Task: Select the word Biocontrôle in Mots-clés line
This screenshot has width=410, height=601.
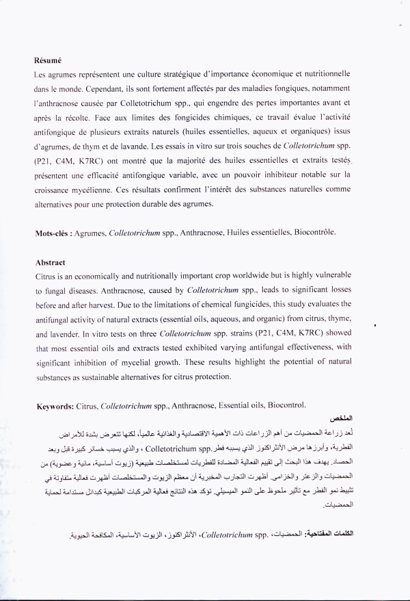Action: coord(316,233)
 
